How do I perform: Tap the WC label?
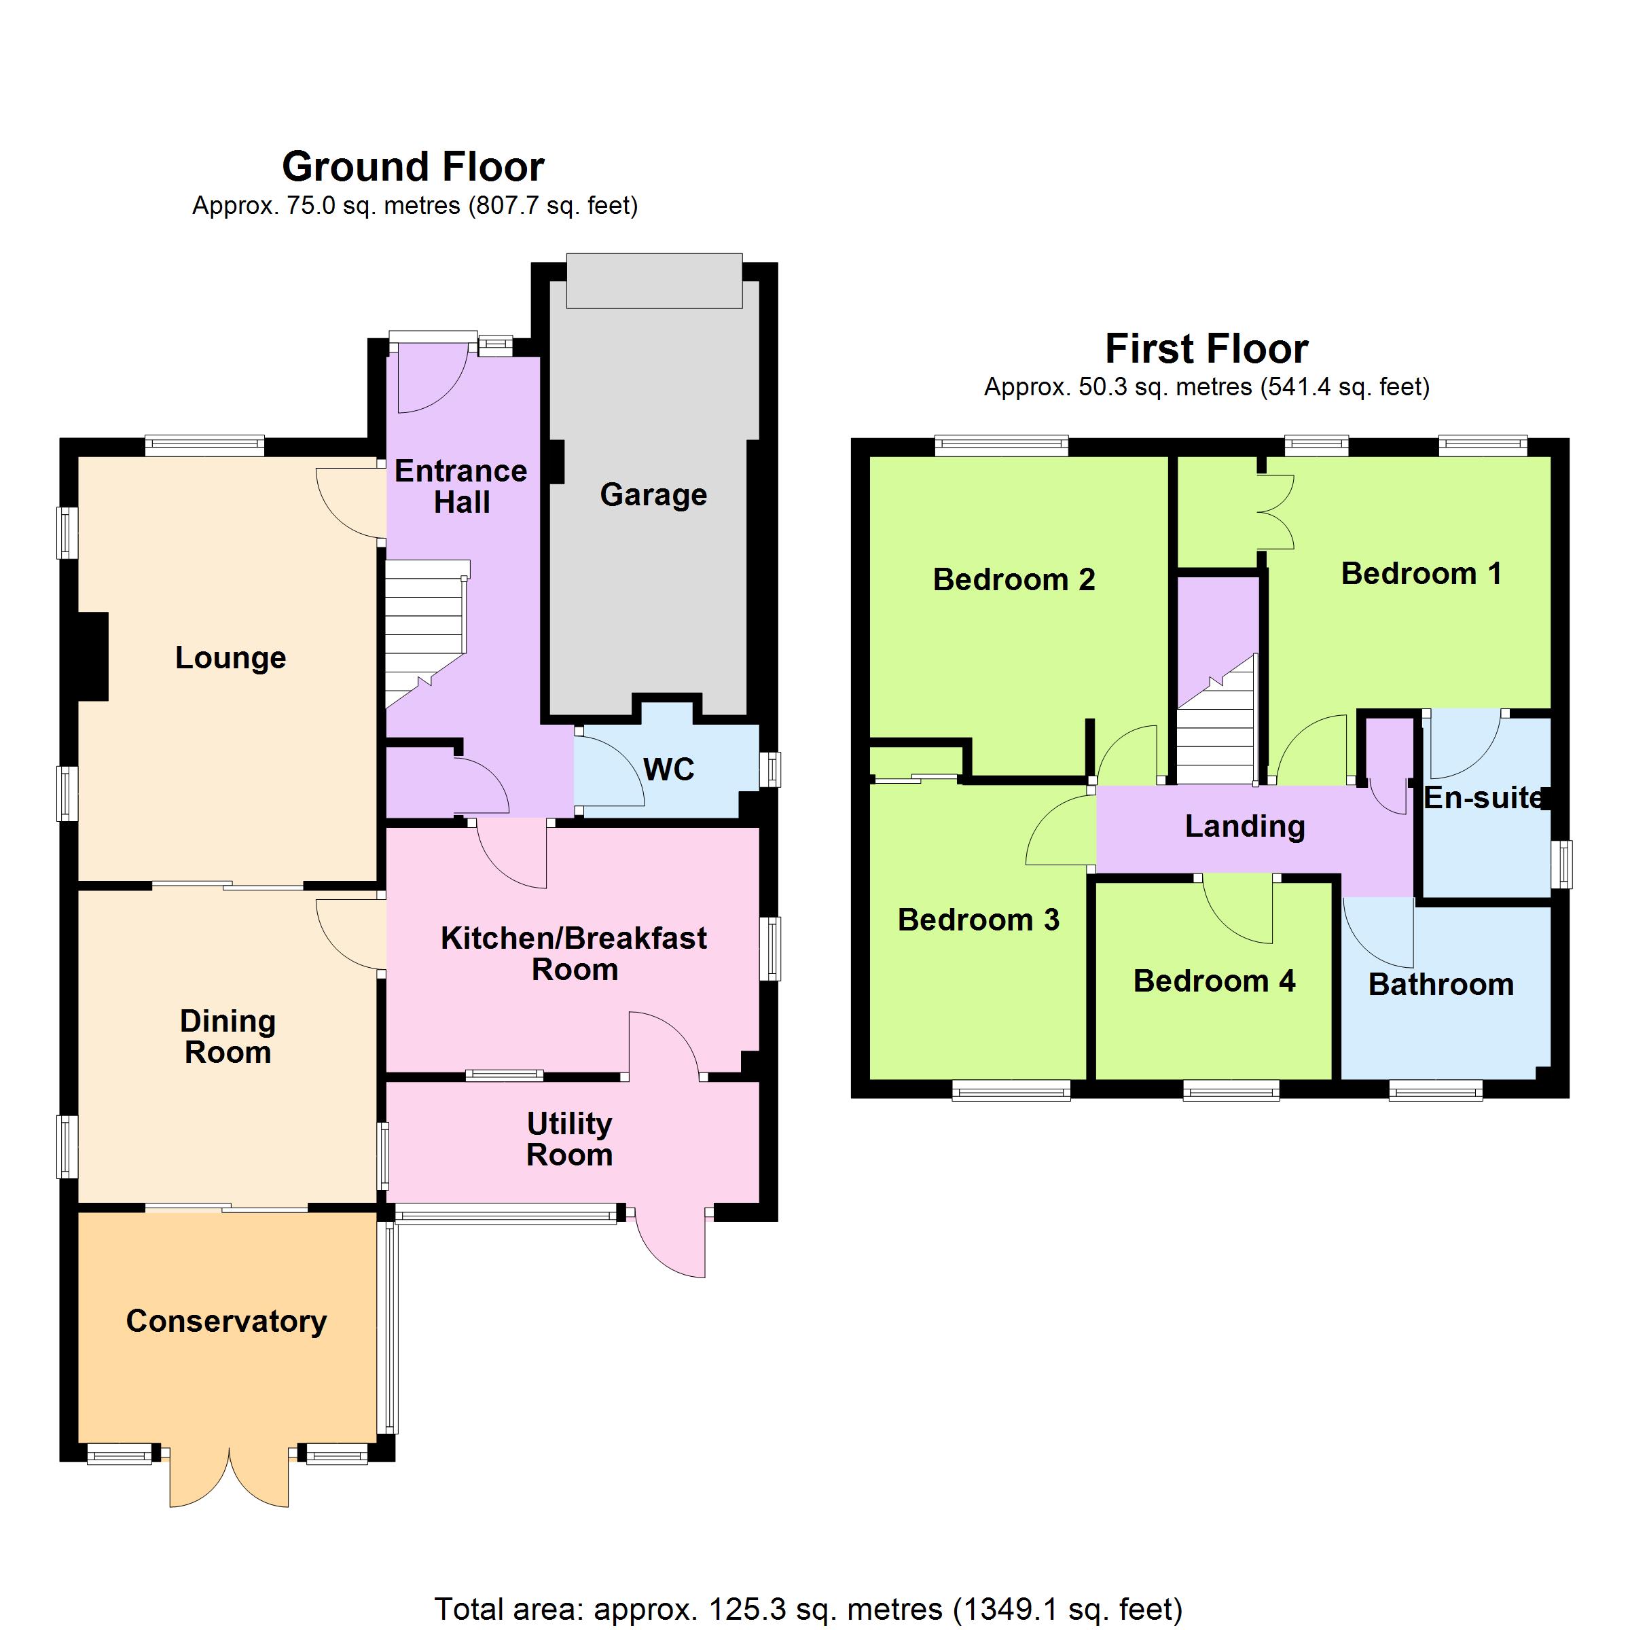[x=668, y=769]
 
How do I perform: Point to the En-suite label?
[x=1484, y=797]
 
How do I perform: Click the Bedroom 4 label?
[x=1214, y=981]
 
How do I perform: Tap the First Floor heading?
[x=1206, y=348]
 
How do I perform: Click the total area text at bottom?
[x=808, y=1610]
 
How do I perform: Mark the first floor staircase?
[x=1216, y=721]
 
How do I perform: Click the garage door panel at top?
[x=654, y=281]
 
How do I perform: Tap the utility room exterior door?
[x=669, y=1244]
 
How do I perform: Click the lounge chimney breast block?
[x=93, y=656]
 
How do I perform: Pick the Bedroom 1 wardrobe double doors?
[x=1275, y=512]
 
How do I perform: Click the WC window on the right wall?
[x=769, y=769]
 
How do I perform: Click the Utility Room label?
[x=570, y=1139]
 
